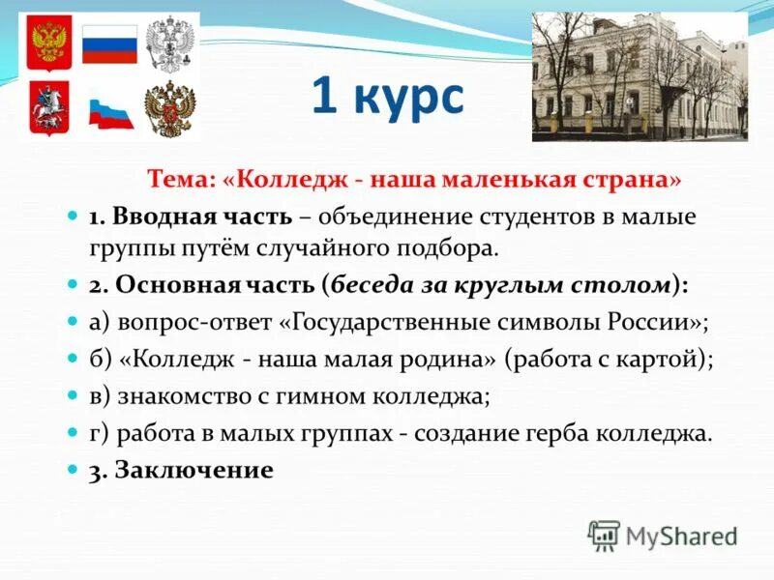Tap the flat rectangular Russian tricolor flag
point(109,44)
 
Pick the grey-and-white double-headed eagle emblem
point(169,43)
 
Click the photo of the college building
point(640,76)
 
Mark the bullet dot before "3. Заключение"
point(72,469)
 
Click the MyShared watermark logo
point(664,535)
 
